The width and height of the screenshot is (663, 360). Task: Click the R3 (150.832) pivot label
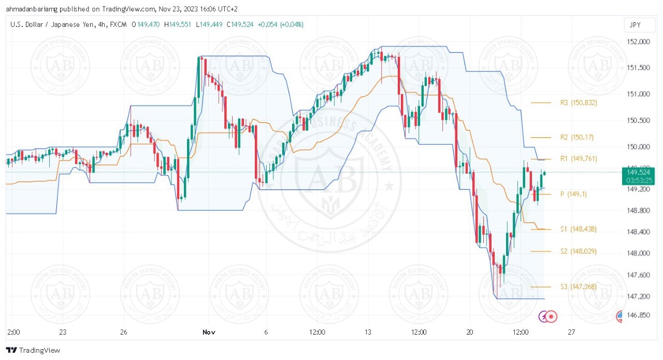tap(579, 103)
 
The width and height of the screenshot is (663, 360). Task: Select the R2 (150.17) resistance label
tap(577, 138)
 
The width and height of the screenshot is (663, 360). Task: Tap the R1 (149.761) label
tap(579, 159)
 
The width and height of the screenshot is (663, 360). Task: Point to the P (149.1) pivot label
tap(574, 194)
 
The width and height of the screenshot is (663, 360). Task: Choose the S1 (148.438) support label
tap(579, 229)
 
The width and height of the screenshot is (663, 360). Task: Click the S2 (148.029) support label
tap(579, 251)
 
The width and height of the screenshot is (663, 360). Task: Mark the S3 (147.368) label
tap(579, 287)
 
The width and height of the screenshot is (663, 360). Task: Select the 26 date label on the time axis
tap(123, 332)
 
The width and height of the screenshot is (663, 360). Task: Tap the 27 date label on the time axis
tap(571, 332)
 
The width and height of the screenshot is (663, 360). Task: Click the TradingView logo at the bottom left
tap(33, 350)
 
